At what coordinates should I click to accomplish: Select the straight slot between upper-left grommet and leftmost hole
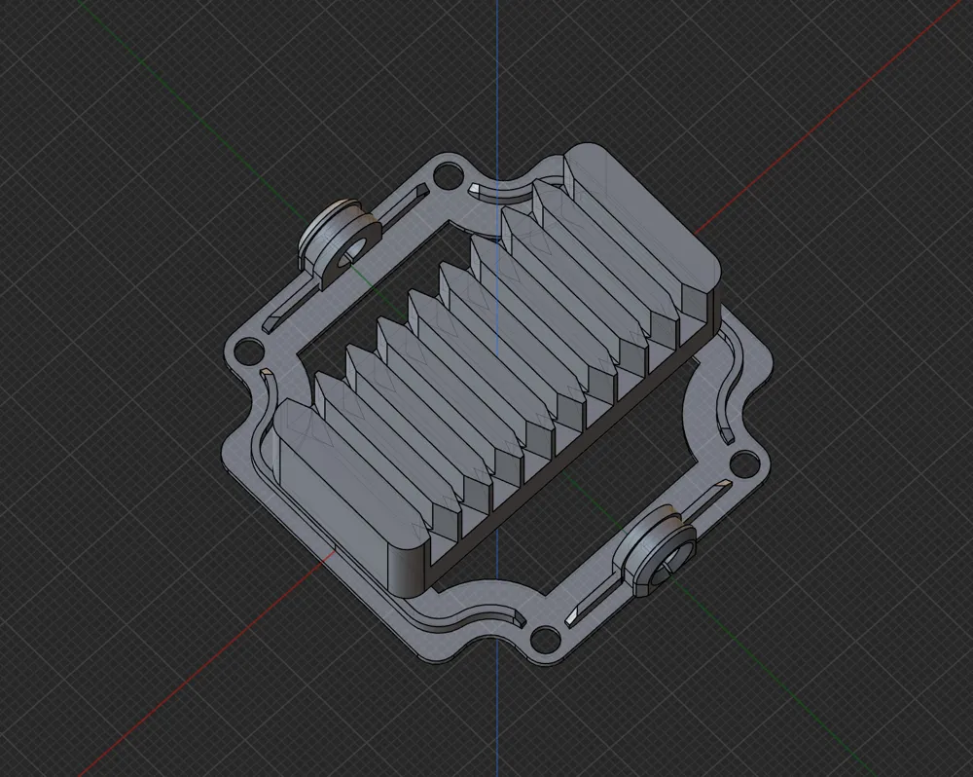(292, 301)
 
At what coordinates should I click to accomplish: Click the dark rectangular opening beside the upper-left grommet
(389, 282)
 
